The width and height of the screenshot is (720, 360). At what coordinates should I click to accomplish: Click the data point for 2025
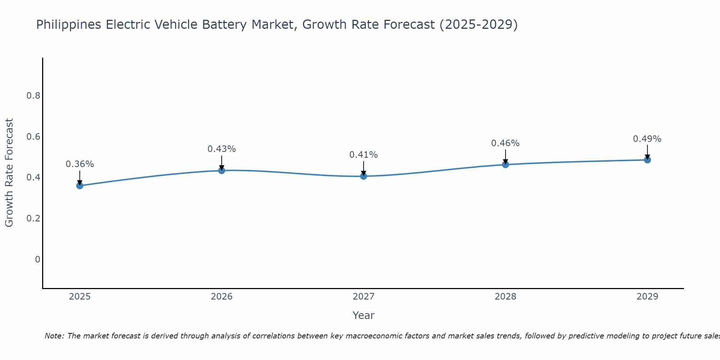[80, 185]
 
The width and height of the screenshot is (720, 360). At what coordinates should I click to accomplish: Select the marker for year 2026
[221, 170]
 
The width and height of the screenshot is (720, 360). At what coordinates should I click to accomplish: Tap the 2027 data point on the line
[363, 176]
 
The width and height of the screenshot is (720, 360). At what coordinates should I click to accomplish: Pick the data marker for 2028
[505, 165]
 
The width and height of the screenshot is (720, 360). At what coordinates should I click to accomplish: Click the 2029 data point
[647, 160]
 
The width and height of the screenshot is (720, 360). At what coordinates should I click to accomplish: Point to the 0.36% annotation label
[80, 164]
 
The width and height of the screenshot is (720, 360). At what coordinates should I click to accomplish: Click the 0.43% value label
[221, 149]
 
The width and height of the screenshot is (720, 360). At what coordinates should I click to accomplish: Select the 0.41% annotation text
[363, 155]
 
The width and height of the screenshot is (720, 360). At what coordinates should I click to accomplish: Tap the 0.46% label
[505, 143]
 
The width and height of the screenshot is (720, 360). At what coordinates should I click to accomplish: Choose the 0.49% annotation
[647, 139]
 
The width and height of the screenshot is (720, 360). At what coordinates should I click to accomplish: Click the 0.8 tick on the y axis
[33, 96]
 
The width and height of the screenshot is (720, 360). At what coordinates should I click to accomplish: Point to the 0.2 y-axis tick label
[33, 219]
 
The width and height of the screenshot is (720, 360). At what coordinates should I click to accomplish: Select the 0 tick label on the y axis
[37, 260]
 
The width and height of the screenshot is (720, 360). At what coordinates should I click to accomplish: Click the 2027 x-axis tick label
[363, 297]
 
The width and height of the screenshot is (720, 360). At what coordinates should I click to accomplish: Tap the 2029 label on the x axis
[647, 297]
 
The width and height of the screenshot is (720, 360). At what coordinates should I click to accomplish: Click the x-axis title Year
[363, 315]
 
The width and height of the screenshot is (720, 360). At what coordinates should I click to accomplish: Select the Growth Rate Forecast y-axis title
[9, 173]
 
